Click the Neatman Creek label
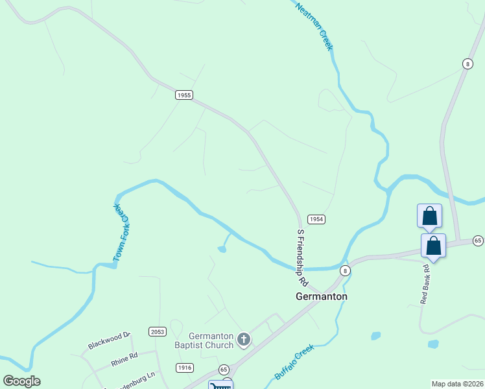click(x=314, y=26)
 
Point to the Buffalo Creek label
click(x=294, y=362)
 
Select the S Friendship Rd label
click(x=302, y=257)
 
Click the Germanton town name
click(x=321, y=296)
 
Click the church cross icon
click(x=243, y=339)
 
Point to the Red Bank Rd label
click(x=425, y=284)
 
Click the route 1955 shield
click(x=184, y=95)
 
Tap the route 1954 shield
click(x=316, y=219)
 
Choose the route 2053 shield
click(x=158, y=331)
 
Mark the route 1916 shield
click(x=184, y=368)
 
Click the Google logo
click(x=21, y=381)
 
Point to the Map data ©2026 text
click(x=458, y=384)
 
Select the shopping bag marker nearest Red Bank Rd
click(x=434, y=247)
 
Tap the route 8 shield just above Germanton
click(x=346, y=270)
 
